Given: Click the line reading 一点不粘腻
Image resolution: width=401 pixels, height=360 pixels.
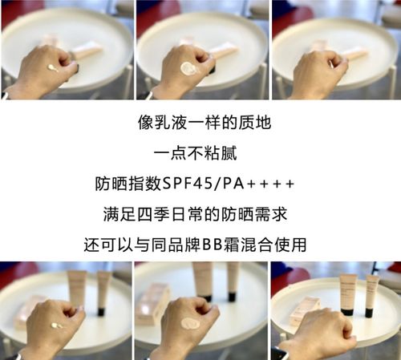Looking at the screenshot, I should pyautogui.click(x=200, y=155).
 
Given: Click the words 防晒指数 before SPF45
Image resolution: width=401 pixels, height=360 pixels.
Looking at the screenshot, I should pyautogui.click(x=128, y=185).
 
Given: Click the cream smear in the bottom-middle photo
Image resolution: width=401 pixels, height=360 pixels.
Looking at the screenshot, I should pyautogui.click(x=190, y=323).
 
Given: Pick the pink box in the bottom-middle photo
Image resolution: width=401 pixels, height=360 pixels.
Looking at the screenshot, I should pyautogui.click(x=152, y=302).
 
